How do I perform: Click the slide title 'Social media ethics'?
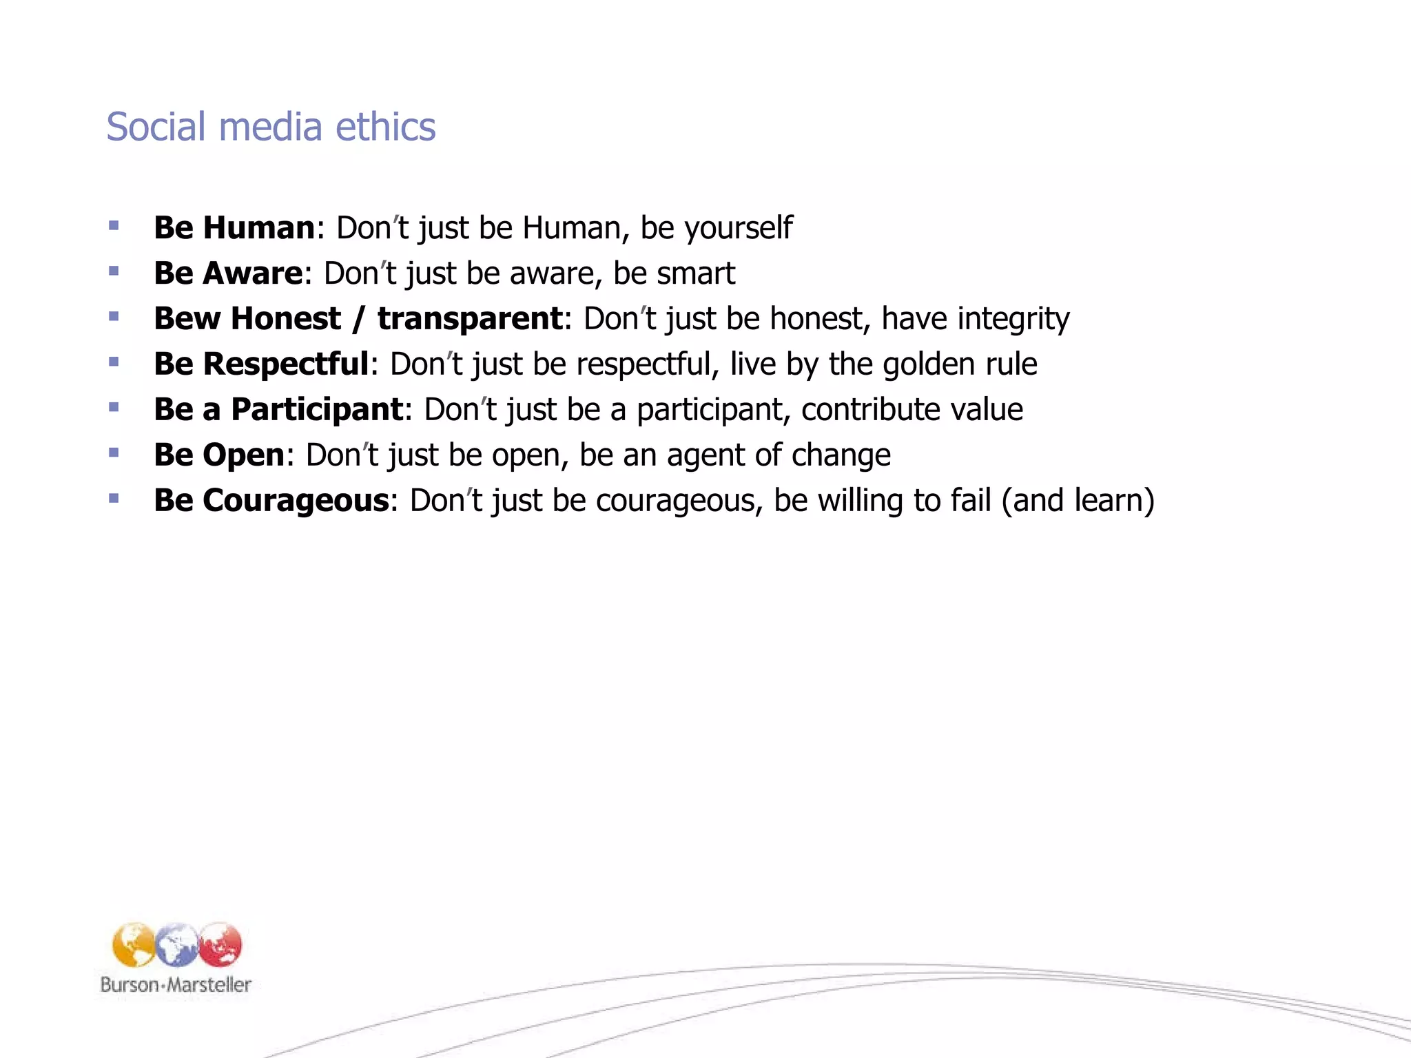271,127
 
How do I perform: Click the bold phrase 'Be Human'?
234,228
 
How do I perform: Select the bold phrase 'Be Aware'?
228,273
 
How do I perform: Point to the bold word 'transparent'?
471,319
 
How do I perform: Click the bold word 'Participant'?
317,410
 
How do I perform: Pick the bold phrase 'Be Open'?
219,455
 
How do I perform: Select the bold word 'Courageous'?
296,501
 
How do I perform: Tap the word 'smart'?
696,273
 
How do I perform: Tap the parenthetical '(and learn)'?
1078,501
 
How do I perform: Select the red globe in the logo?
220,945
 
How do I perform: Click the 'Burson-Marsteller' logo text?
176,984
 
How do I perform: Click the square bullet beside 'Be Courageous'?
114,498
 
